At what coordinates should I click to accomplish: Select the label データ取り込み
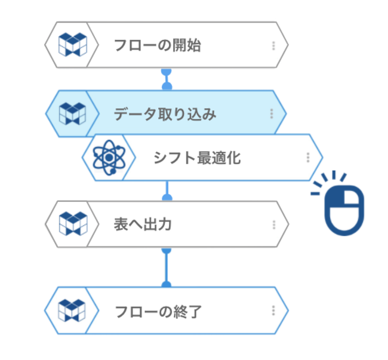point(165,113)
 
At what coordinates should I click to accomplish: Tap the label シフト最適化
point(197,158)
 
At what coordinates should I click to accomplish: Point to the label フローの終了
point(158,311)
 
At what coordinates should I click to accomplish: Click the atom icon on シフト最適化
point(108,158)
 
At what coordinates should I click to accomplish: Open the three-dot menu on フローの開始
point(273,45)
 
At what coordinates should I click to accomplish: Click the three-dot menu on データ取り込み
point(271,113)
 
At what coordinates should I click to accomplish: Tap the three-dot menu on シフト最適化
point(308,158)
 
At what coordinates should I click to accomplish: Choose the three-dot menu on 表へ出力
point(273,225)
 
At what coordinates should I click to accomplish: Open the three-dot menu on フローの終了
point(273,311)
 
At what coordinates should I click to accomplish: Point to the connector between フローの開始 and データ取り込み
point(167,79)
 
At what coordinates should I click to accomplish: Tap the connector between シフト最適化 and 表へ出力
point(168,190)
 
